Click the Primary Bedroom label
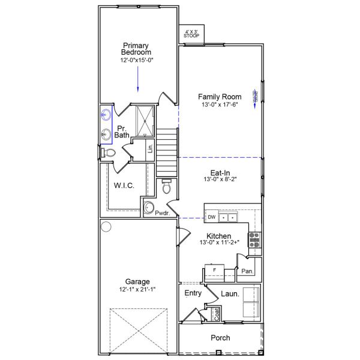point(137,49)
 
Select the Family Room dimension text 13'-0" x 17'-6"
point(220,106)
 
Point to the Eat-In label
point(220,173)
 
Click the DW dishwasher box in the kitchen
point(211,217)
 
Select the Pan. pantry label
point(247,271)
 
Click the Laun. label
point(230,294)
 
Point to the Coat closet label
point(217,314)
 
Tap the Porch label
point(220,338)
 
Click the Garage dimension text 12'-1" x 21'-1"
point(137,290)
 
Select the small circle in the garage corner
point(106,227)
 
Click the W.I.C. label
point(124,185)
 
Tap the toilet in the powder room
point(166,187)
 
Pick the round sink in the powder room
point(149,208)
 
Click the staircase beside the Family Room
point(169,151)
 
